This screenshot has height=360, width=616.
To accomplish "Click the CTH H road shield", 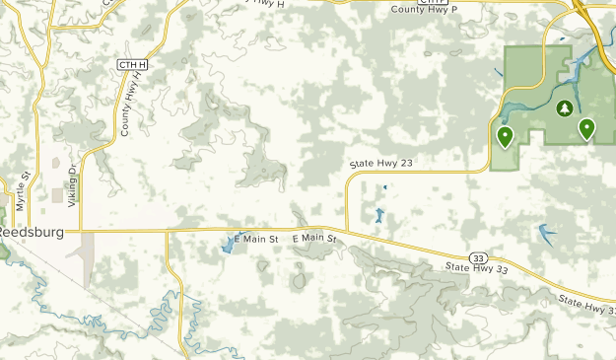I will [x=131, y=64].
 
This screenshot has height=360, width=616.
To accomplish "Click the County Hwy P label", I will [x=424, y=10].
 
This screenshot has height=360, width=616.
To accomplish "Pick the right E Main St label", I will [x=314, y=239].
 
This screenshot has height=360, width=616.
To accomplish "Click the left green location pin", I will [x=505, y=137].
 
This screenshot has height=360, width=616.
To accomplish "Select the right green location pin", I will [x=586, y=129].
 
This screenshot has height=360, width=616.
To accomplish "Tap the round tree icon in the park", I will [x=564, y=108].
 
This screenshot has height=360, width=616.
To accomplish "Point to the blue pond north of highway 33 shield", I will [x=546, y=235].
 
